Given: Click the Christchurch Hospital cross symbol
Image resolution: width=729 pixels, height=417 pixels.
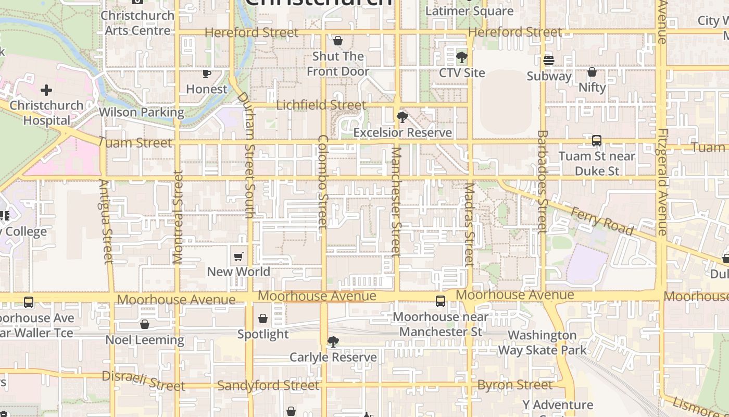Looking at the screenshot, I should pos(46,90).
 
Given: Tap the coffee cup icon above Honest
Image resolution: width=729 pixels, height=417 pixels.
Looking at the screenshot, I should pos(207,73).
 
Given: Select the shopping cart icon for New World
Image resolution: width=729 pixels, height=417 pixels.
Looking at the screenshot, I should pos(238,256).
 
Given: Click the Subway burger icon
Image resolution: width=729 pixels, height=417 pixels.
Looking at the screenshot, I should pos(548,60).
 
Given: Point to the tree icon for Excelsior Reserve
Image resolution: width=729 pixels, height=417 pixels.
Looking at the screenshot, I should pos(401,117).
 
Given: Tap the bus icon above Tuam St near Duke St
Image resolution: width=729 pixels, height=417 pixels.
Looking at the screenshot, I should pos(597,141).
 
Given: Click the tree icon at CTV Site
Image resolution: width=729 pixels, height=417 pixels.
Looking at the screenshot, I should pos(461,57).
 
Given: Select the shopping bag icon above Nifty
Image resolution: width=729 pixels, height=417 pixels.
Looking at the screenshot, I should pos(592,72).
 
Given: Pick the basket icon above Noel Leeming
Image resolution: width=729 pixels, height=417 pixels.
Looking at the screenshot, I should pos(145,324).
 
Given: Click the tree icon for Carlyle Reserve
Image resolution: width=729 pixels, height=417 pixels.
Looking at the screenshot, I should pos(333,342).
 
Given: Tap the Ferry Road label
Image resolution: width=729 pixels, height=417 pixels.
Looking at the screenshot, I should pos(602,221).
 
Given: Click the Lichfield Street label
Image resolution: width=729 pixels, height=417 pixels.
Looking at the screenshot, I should pos(321,105).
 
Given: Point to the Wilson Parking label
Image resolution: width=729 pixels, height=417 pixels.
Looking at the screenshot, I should pos(141,112).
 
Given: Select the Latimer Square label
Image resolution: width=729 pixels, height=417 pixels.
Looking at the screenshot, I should pos(469,11).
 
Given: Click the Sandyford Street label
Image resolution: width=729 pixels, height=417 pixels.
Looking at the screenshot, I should pos(268,386).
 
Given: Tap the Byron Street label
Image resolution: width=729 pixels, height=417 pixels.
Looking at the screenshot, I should pos(515,385).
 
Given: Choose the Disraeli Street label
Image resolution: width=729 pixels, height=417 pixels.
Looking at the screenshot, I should pos(143,381).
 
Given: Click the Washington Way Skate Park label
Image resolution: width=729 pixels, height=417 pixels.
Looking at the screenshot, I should pos(543,342).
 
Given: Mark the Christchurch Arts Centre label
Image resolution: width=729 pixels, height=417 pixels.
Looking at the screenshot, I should pos(137,23).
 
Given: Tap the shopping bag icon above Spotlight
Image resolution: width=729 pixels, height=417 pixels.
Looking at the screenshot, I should pos(263,318).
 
